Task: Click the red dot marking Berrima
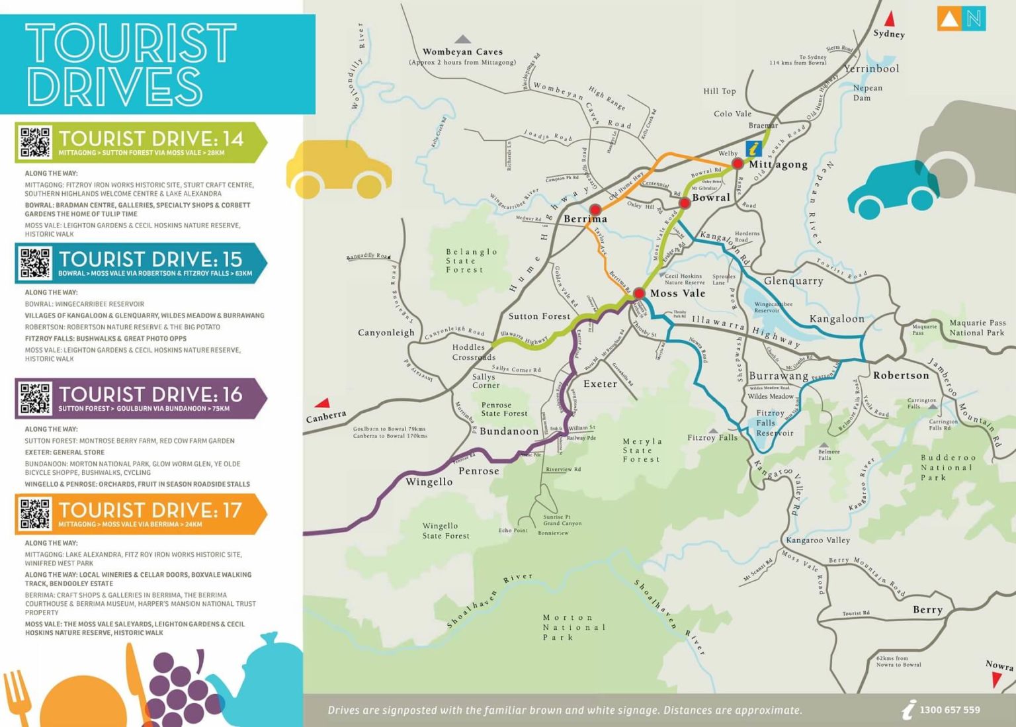[x=595, y=210]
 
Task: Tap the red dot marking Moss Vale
[x=639, y=293]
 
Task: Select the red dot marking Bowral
[x=685, y=203]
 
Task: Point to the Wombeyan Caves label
[x=462, y=52]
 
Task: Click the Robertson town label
[x=901, y=376]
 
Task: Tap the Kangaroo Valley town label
[x=818, y=540]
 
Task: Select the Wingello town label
[x=429, y=482]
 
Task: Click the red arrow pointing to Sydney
[x=890, y=19]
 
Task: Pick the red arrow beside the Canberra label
[x=323, y=403]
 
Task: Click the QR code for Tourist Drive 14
[x=35, y=142]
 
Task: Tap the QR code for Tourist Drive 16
[x=35, y=398]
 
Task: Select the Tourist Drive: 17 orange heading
[x=150, y=511]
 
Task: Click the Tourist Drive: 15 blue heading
[x=150, y=259]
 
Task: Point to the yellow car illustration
[x=339, y=170]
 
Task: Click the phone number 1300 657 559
[x=949, y=710]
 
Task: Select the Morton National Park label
[x=573, y=627]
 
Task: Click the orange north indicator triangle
[x=949, y=19]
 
